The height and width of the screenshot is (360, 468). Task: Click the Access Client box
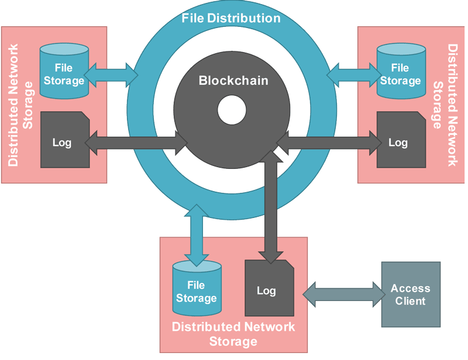(410, 295)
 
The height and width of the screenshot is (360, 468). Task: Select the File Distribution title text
(231, 18)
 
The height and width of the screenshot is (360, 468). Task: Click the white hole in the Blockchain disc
(232, 110)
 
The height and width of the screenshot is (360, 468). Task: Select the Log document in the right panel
(400, 142)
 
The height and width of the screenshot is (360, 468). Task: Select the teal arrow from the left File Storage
(111, 74)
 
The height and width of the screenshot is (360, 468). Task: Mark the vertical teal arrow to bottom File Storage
(197, 234)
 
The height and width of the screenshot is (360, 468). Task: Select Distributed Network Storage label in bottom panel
(233, 333)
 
